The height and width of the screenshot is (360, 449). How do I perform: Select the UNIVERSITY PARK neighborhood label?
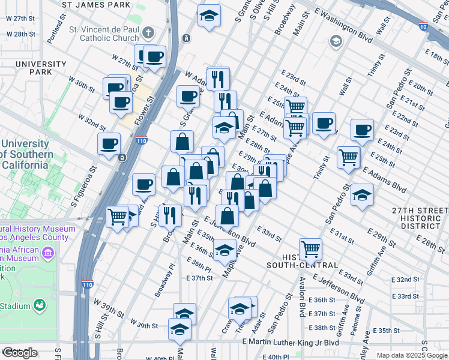pos(41,68)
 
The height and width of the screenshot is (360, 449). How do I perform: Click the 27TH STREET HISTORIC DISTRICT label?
pos(420,218)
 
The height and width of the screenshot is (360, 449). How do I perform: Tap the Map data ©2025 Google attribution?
pos(412,355)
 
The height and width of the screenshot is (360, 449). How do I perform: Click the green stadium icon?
pos(40,305)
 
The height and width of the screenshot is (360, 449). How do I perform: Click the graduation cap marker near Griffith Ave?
pos(362,196)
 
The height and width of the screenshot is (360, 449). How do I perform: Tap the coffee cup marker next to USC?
pos(110,144)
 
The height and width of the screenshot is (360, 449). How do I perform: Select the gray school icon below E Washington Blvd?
pos(335,41)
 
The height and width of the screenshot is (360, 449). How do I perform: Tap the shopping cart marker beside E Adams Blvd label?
pos(349,157)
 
